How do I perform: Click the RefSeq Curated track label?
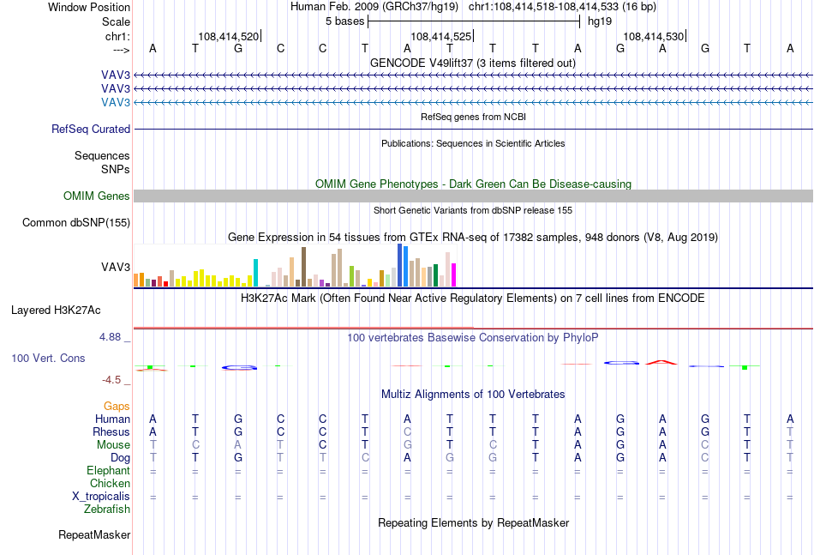tap(91, 129)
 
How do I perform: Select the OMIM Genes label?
tap(97, 196)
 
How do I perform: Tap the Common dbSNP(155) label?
tap(76, 222)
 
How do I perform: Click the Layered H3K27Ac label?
tap(56, 311)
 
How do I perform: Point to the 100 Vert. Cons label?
tap(48, 358)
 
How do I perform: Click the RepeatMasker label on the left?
tap(94, 534)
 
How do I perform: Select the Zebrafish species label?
tap(107, 510)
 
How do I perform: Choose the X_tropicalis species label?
tap(101, 497)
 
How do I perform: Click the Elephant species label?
tap(109, 470)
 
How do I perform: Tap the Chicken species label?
tap(110, 483)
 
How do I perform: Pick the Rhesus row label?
tap(111, 431)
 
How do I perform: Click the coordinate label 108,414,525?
tap(440, 36)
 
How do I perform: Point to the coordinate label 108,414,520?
tap(229, 36)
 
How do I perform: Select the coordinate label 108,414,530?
tap(654, 36)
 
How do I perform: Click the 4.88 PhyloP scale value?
tap(110, 337)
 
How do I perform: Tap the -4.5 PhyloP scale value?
tap(111, 380)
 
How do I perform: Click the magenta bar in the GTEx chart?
tap(453, 274)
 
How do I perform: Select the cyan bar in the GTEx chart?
tap(255, 273)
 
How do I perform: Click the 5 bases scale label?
tap(344, 21)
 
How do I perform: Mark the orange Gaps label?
tap(117, 406)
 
